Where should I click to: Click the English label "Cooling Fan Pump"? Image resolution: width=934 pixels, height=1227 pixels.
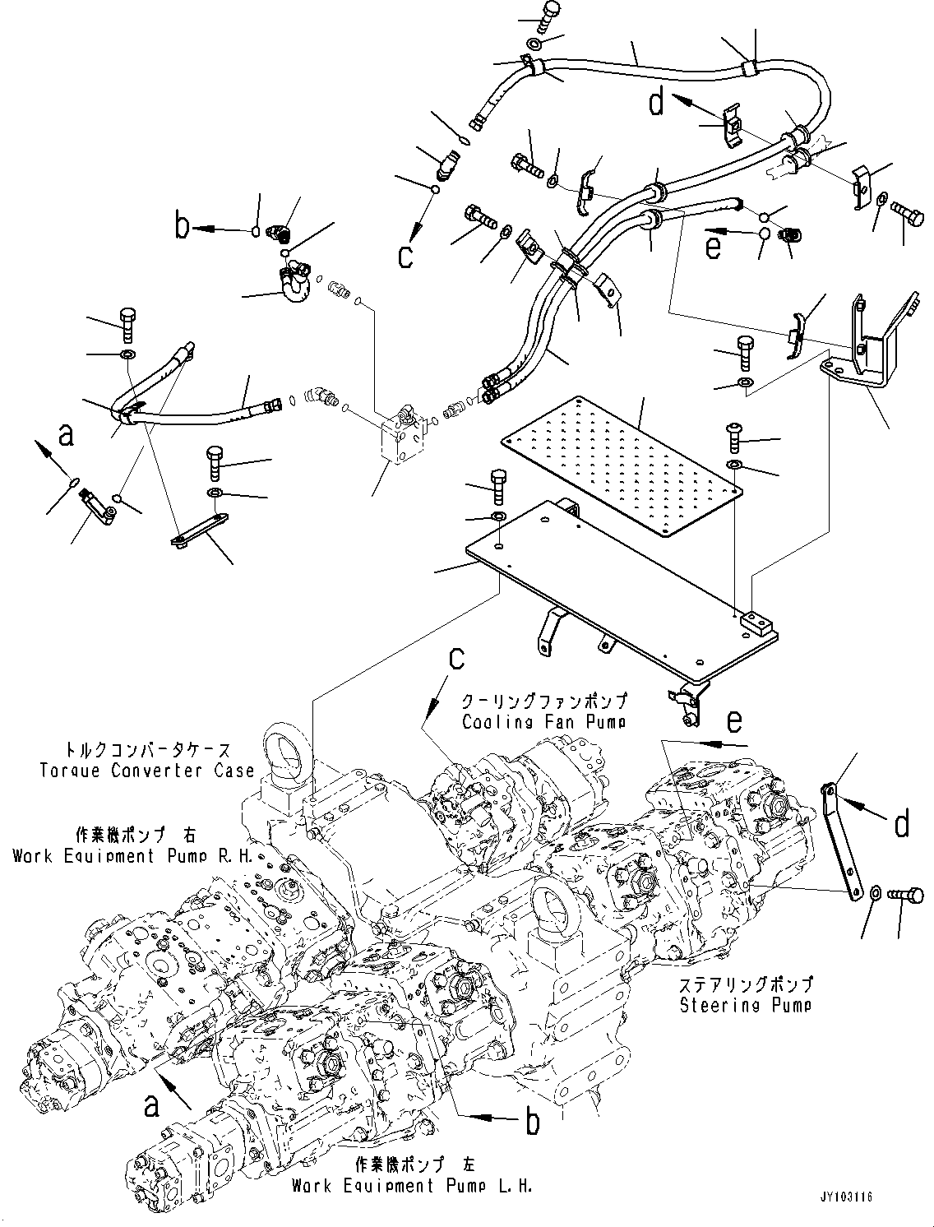[543, 722]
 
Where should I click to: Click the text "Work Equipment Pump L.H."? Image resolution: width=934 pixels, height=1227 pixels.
[411, 1186]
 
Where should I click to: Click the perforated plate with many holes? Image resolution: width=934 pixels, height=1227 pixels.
[622, 467]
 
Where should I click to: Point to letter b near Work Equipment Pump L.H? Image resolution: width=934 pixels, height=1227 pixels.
[532, 1122]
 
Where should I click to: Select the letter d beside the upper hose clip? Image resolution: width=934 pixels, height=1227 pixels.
[655, 104]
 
